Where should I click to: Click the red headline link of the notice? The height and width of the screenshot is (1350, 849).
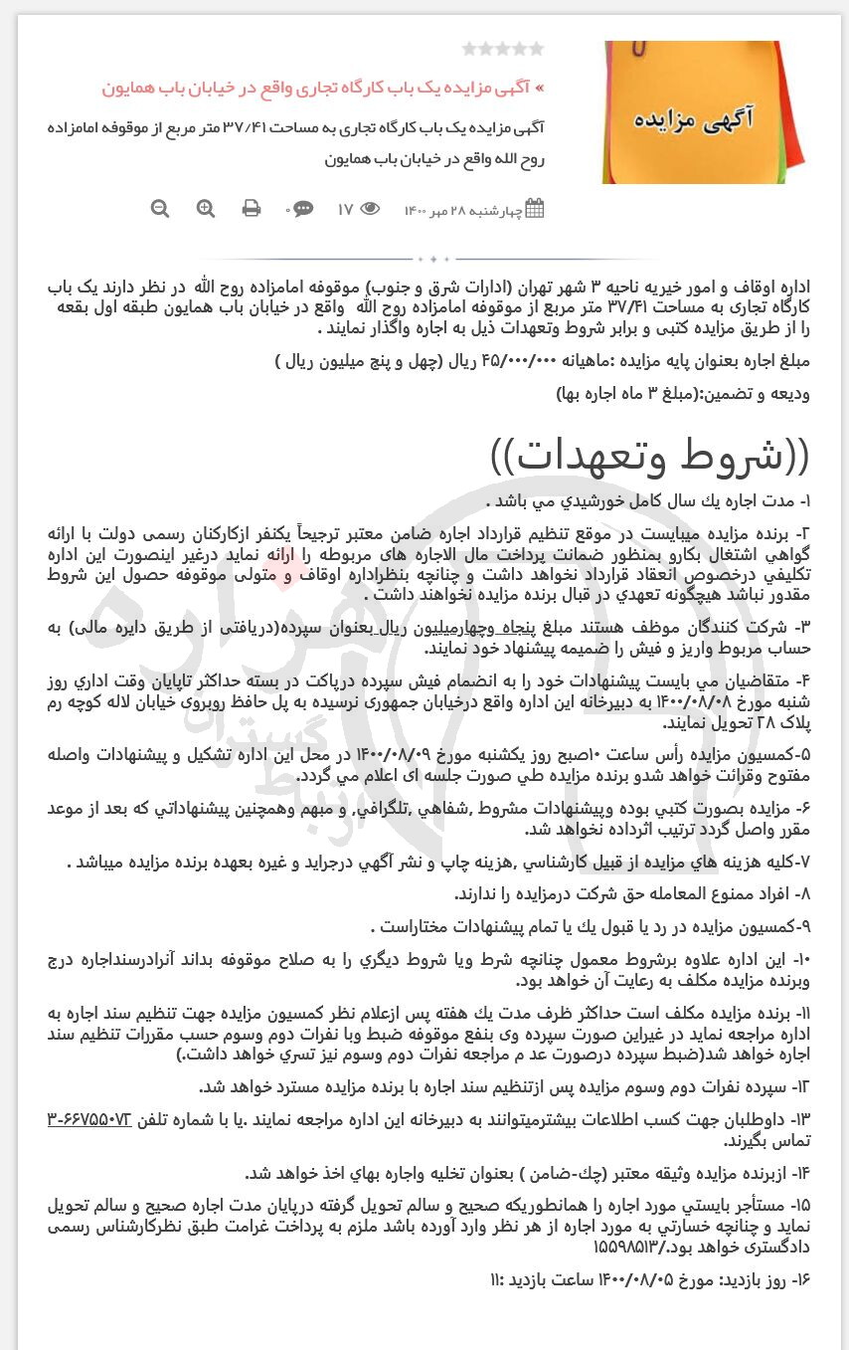pyautogui.click(x=323, y=88)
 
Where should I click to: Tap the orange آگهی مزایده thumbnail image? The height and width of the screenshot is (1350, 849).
pyautogui.click(x=706, y=111)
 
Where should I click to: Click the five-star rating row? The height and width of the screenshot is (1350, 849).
pyautogui.click(x=503, y=48)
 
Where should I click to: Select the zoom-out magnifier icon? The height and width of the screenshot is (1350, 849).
pyautogui.click(x=160, y=208)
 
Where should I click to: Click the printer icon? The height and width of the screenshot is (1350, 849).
pyautogui.click(x=252, y=208)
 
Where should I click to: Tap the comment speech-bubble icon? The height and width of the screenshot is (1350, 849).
pyautogui.click(x=302, y=209)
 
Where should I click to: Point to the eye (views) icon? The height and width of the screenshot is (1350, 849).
pyautogui.click(x=370, y=209)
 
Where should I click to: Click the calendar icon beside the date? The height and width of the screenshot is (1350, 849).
pyautogui.click(x=535, y=209)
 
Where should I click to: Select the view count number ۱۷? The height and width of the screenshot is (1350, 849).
pyautogui.click(x=345, y=209)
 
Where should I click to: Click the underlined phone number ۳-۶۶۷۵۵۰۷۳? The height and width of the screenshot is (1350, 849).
pyautogui.click(x=89, y=1120)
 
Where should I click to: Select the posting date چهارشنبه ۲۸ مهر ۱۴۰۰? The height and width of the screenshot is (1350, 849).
pyautogui.click(x=464, y=209)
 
